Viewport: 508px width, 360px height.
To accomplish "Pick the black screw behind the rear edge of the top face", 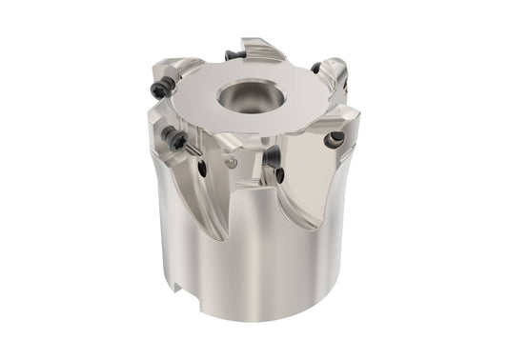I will pos(233,54).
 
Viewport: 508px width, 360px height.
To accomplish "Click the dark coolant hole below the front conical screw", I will pos(282,176).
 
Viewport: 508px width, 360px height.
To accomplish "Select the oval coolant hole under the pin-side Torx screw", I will pos(202,169).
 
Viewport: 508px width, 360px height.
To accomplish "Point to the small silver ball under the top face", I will pos(232,162).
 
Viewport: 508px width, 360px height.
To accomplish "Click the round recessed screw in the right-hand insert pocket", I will pos(333,140).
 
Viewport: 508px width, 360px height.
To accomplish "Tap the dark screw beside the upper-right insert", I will pos(315,68).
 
